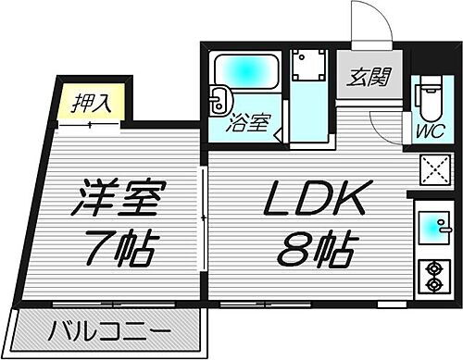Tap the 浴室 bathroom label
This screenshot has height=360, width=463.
tap(250, 123)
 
